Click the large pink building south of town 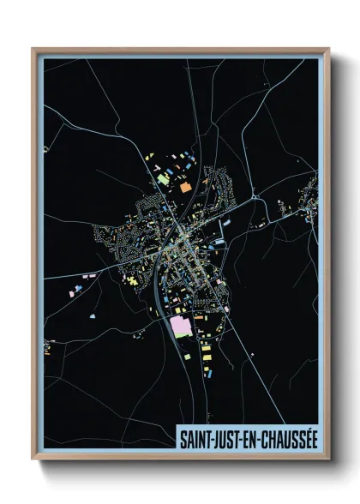tap(181, 326)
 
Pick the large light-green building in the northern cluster tap(164, 181)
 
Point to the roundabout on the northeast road tap(255, 199)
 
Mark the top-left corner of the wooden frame tap(33, 49)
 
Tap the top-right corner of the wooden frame tap(329, 49)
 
